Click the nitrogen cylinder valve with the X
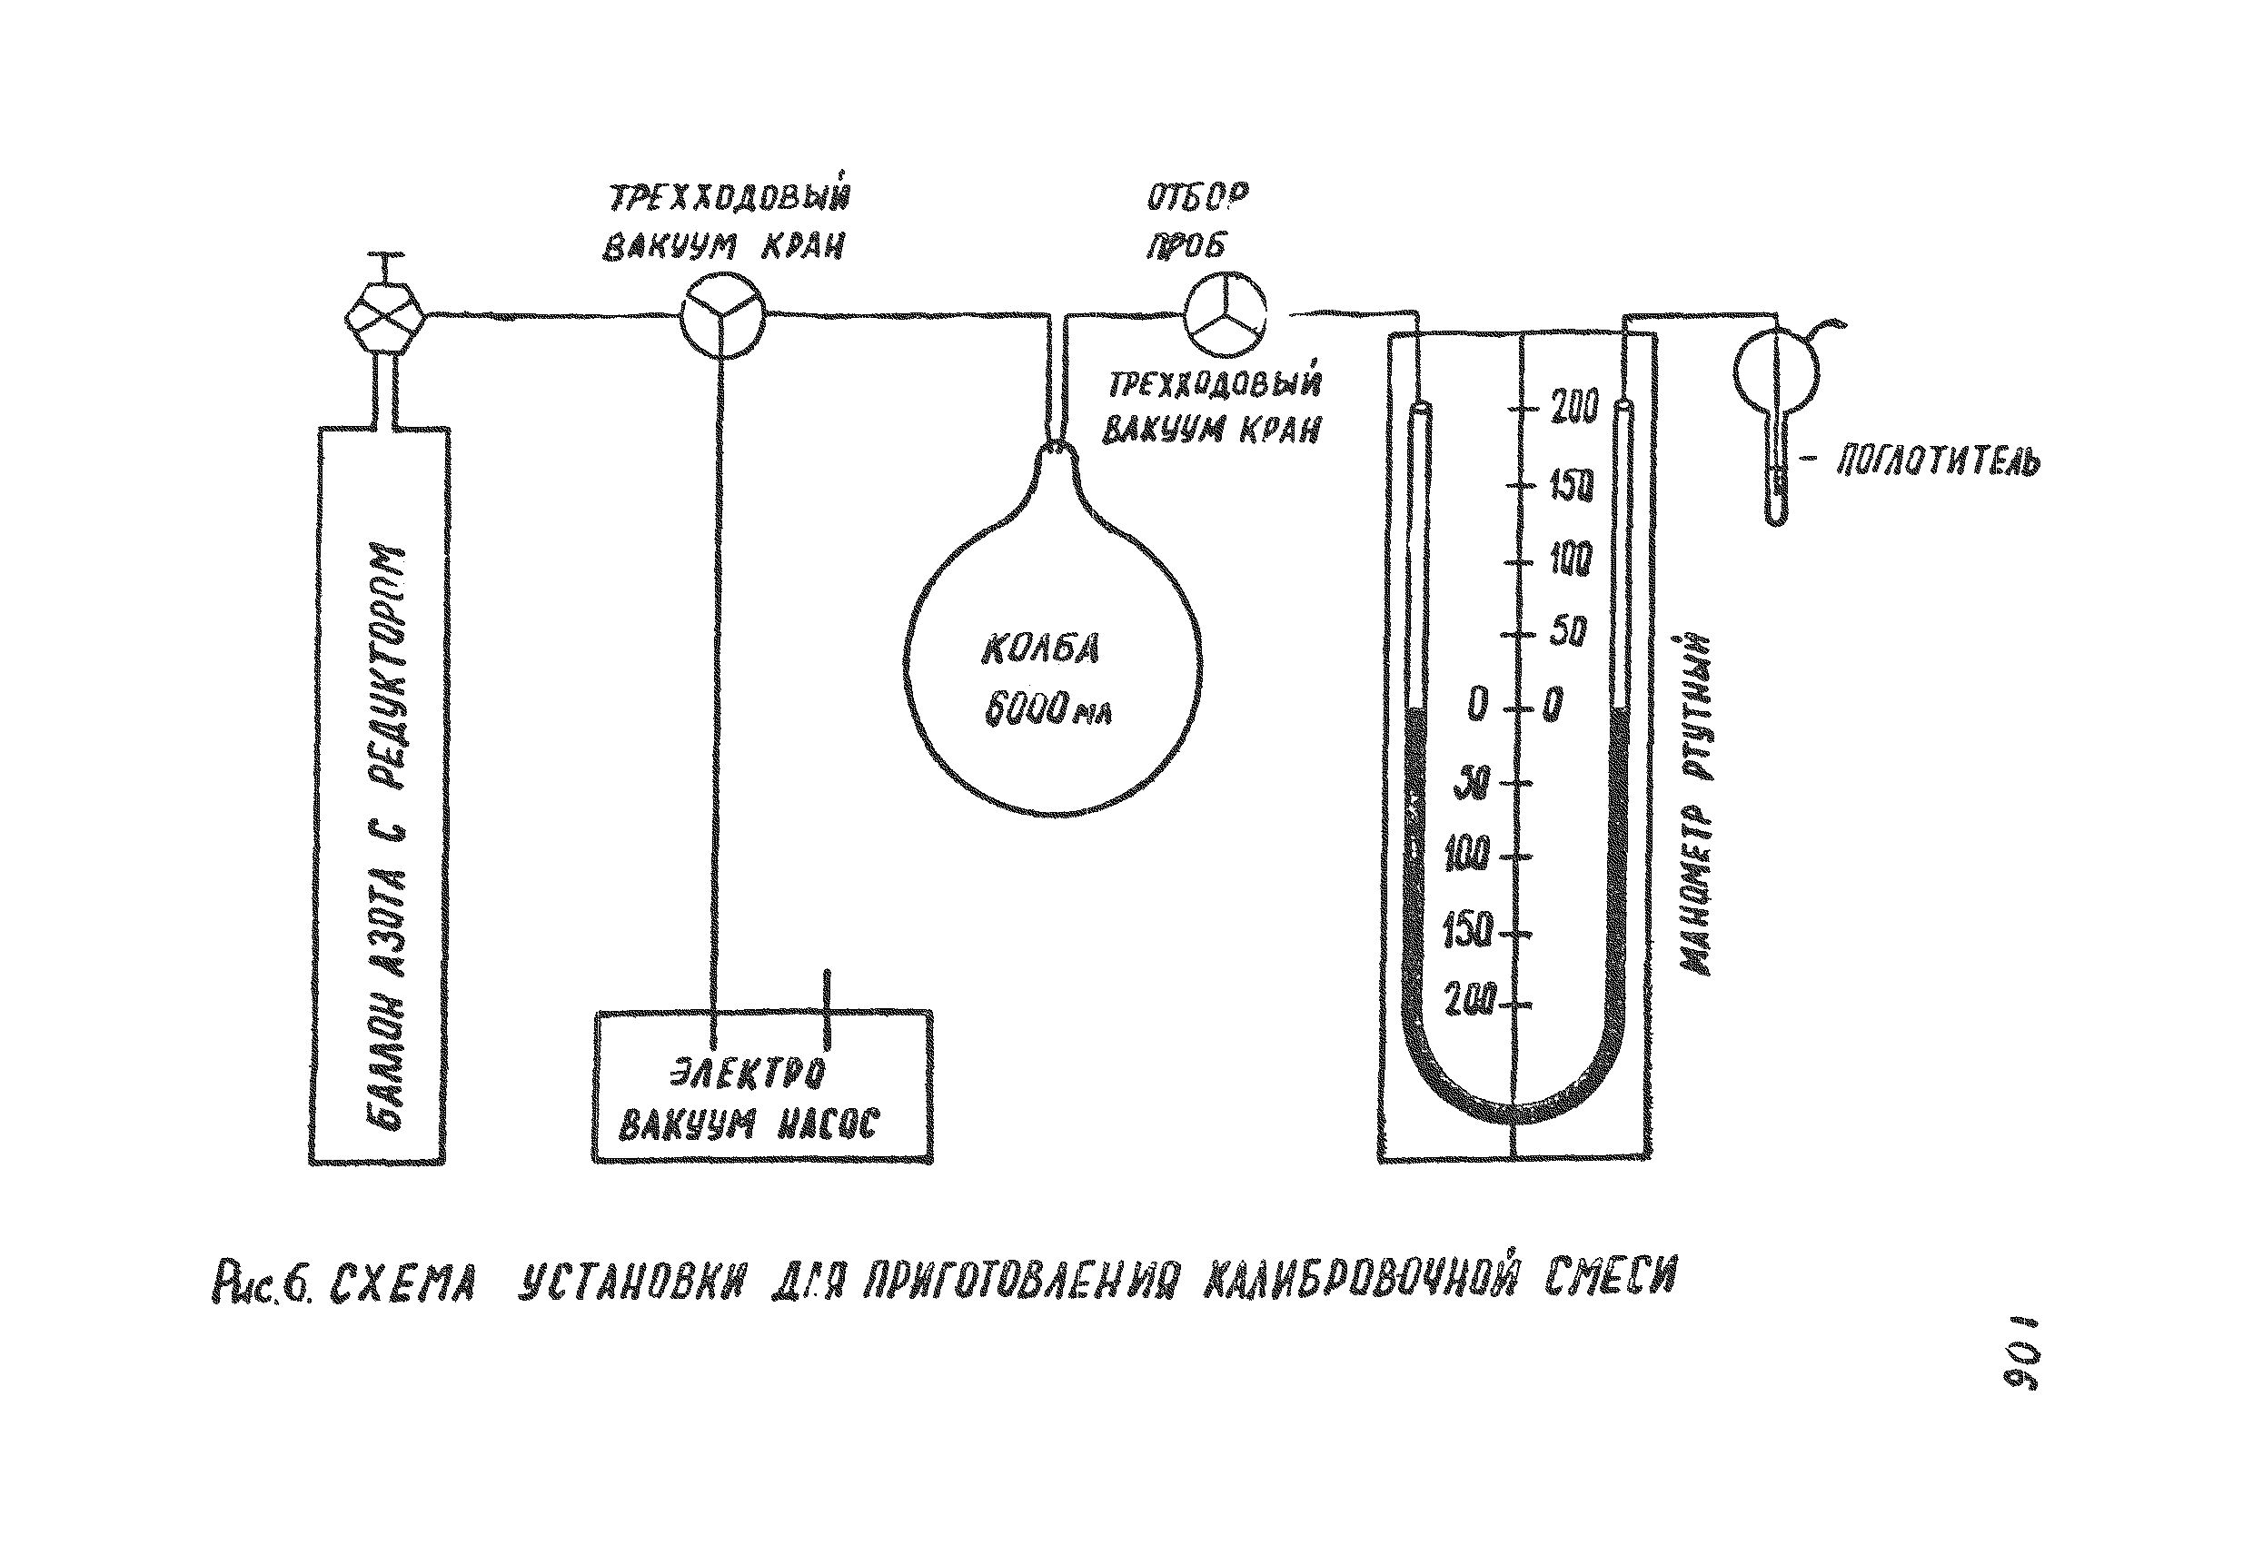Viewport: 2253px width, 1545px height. pyautogui.click(x=385, y=317)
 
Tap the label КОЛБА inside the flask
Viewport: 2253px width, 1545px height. pyautogui.click(x=1039, y=649)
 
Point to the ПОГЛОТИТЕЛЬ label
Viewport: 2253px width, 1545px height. pyautogui.click(x=1938, y=462)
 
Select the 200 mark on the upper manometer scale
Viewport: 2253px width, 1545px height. pyautogui.click(x=1573, y=407)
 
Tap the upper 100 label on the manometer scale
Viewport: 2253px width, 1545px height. pyautogui.click(x=1570, y=560)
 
